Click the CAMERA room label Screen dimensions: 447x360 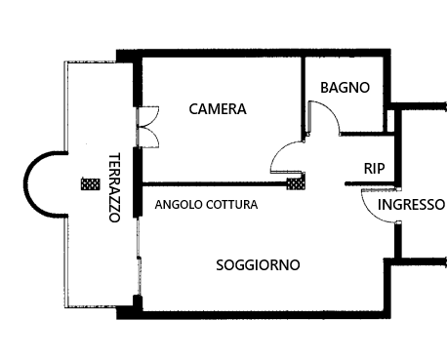(x=218, y=109)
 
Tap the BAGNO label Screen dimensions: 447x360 (x=345, y=88)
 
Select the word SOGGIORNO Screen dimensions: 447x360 (x=258, y=265)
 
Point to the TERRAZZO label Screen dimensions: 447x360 (x=114, y=187)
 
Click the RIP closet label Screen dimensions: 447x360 (x=375, y=169)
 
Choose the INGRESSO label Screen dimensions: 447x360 (x=411, y=205)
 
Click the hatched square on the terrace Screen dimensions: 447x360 (x=91, y=184)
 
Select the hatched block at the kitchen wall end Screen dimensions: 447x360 (x=296, y=182)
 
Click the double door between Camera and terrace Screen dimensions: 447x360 (x=147, y=127)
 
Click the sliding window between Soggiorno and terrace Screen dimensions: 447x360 (x=139, y=257)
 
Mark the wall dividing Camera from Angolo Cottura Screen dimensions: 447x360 (x=215, y=184)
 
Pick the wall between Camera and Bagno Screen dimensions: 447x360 (x=303, y=98)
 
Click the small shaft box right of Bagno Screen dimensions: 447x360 (x=390, y=121)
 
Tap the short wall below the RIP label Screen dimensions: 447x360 (x=371, y=184)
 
